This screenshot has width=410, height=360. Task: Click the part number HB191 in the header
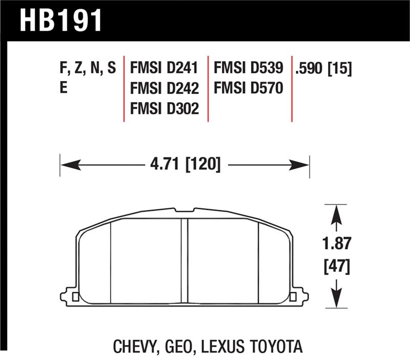click(x=61, y=21)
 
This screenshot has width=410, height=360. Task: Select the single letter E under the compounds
click(x=64, y=89)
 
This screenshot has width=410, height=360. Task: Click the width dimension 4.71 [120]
click(x=185, y=165)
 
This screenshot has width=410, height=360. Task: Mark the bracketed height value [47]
click(x=335, y=267)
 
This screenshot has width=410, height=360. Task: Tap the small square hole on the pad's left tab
click(x=76, y=296)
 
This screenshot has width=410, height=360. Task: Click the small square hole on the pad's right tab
click(x=293, y=296)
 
